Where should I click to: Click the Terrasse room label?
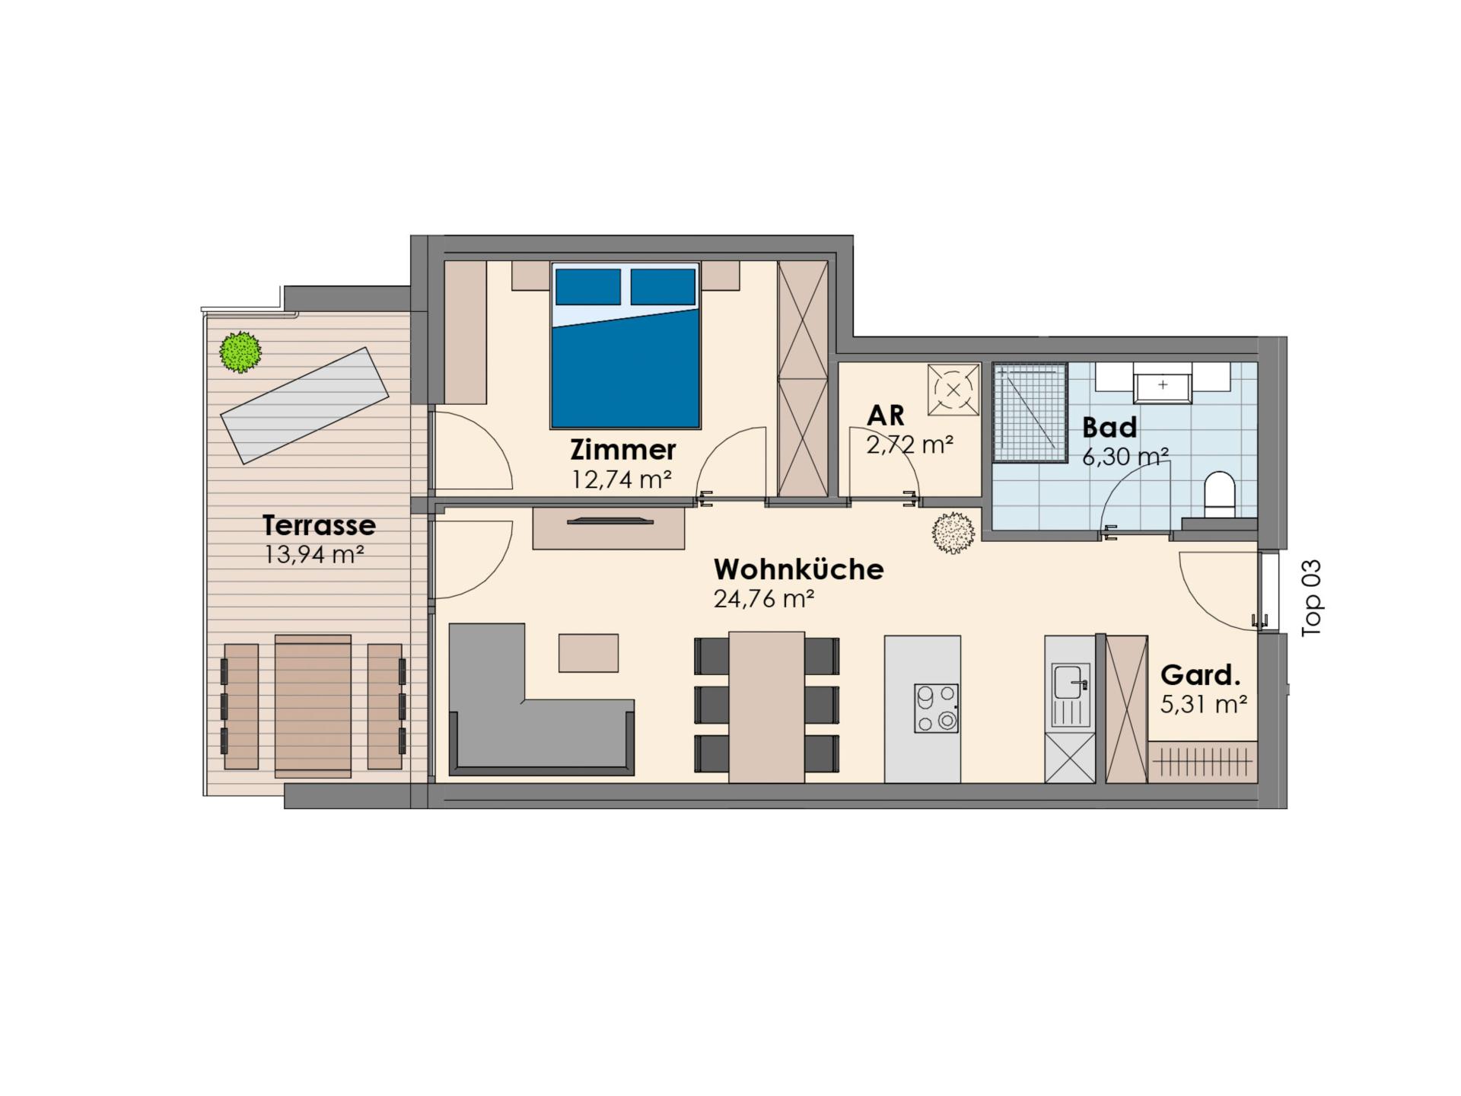(x=319, y=525)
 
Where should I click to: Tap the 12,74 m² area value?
(x=622, y=479)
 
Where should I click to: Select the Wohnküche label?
(x=799, y=569)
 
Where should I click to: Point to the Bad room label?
(x=1109, y=428)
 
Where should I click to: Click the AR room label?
(x=886, y=416)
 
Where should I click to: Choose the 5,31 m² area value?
(x=1203, y=704)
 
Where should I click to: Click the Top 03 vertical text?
(x=1313, y=598)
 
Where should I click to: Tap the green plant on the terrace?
(x=240, y=352)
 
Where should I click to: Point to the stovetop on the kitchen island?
(x=936, y=708)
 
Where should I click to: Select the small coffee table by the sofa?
(x=588, y=652)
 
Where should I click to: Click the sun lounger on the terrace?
(x=304, y=406)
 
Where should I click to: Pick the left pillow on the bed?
(x=587, y=287)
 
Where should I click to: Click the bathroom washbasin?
(x=1163, y=383)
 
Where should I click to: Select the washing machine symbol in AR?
(x=953, y=390)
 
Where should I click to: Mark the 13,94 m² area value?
(x=314, y=555)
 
